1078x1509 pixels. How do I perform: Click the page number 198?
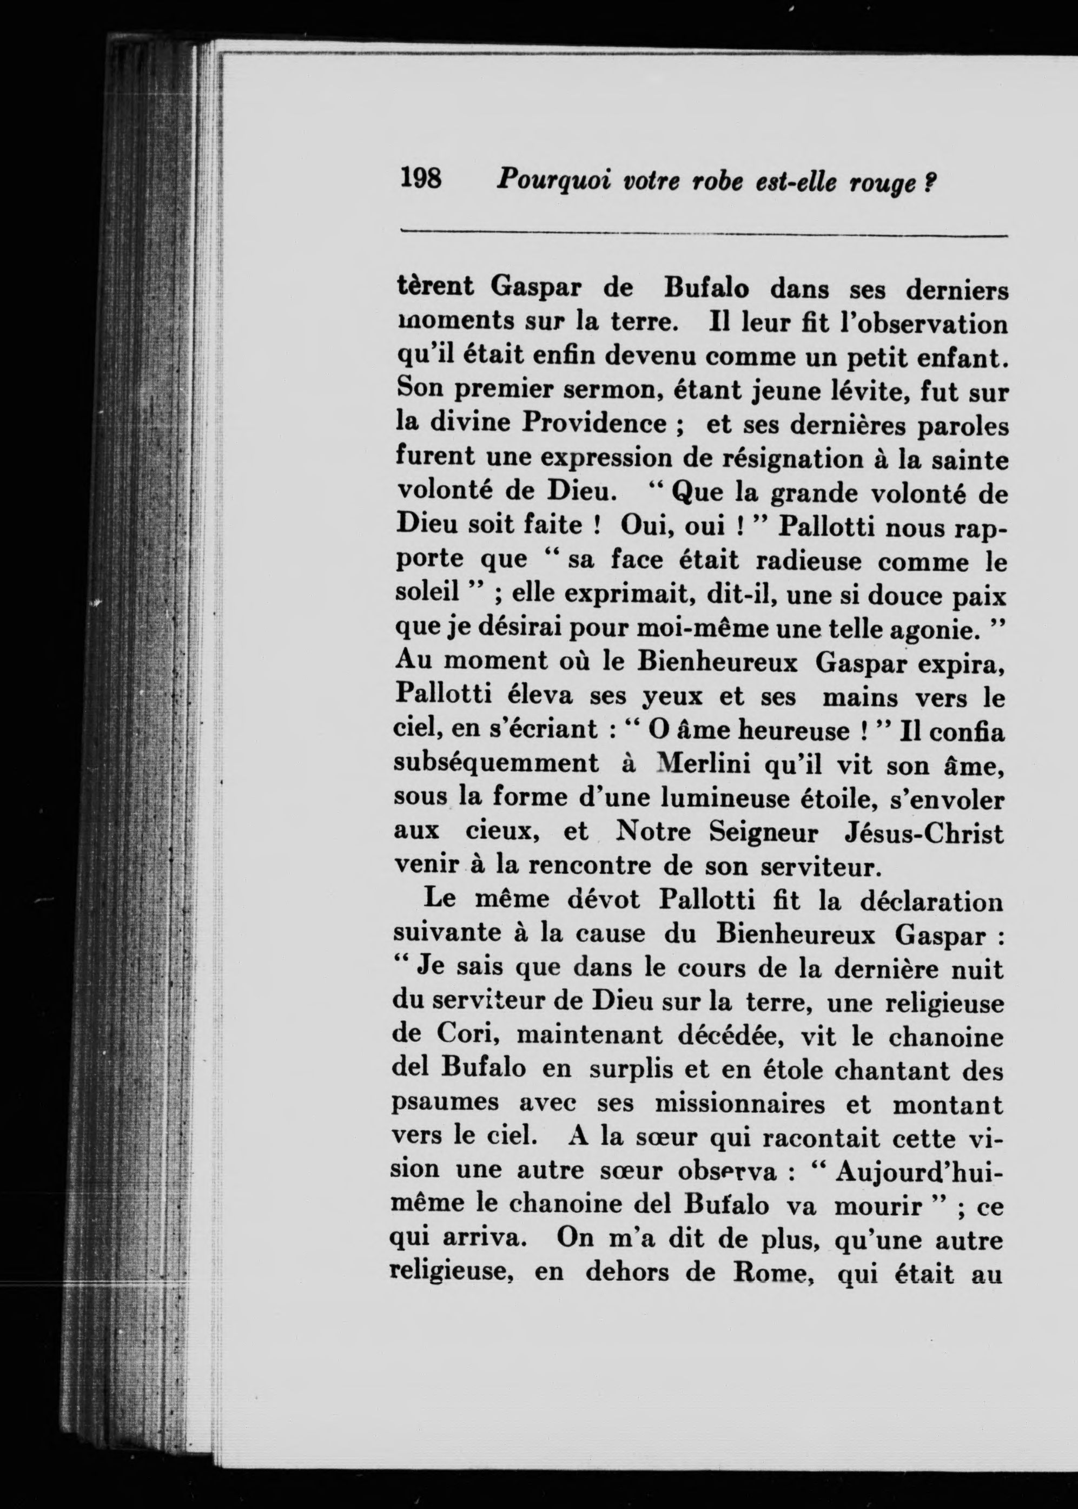(x=421, y=179)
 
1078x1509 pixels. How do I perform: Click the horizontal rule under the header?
(x=704, y=234)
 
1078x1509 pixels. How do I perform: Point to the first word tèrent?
(x=435, y=287)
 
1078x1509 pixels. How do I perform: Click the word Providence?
(x=593, y=423)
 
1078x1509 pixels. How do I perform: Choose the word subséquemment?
(x=496, y=764)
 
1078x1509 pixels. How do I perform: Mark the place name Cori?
(x=464, y=1036)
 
